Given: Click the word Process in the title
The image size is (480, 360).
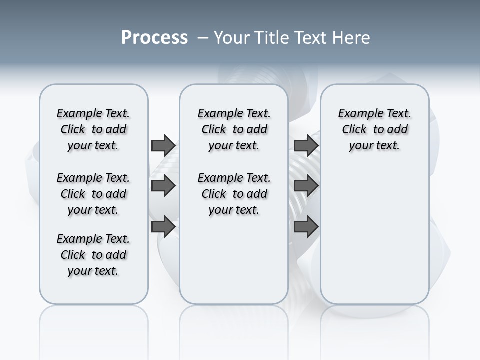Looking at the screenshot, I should tap(154, 37).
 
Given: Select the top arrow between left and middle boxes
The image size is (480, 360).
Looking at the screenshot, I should tap(163, 145).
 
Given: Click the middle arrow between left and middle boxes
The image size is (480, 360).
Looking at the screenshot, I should tap(163, 186).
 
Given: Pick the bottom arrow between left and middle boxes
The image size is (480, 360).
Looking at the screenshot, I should tap(163, 226).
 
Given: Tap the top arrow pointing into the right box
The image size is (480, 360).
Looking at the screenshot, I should tap(306, 145).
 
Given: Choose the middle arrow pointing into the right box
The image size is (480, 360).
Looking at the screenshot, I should tap(306, 186).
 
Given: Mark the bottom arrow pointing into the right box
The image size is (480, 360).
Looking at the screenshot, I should tap(306, 227).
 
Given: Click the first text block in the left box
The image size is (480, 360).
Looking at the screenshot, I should tap(93, 129).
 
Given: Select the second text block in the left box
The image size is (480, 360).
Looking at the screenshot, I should tap(93, 194).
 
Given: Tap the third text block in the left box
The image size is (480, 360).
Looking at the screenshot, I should tap(93, 255).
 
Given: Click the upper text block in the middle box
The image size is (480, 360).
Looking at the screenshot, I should tap(234, 129).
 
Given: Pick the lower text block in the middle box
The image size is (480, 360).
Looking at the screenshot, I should tap(234, 194).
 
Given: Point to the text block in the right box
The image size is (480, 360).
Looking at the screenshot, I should tap(374, 129).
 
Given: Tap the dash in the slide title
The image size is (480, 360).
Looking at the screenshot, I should tap(203, 38).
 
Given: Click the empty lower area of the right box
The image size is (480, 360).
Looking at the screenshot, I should tap(374, 240).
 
